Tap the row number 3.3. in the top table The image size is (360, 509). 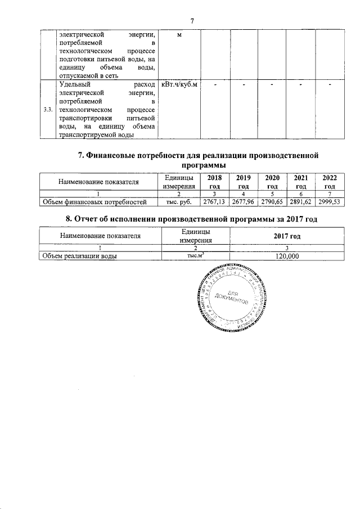tap(48, 109)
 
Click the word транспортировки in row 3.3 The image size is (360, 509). tap(83, 119)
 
